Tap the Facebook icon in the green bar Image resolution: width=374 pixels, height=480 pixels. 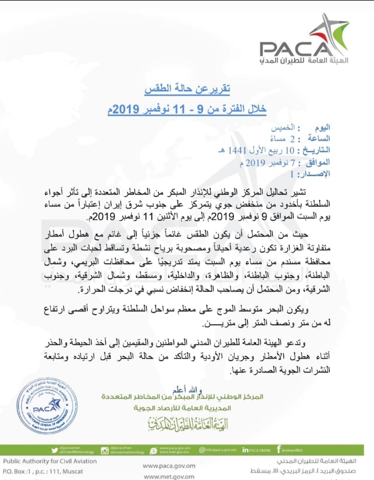pos(279,450)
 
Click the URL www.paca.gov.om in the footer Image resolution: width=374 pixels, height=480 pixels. pos(169,466)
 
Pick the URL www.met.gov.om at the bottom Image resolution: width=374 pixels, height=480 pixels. pos(169,476)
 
